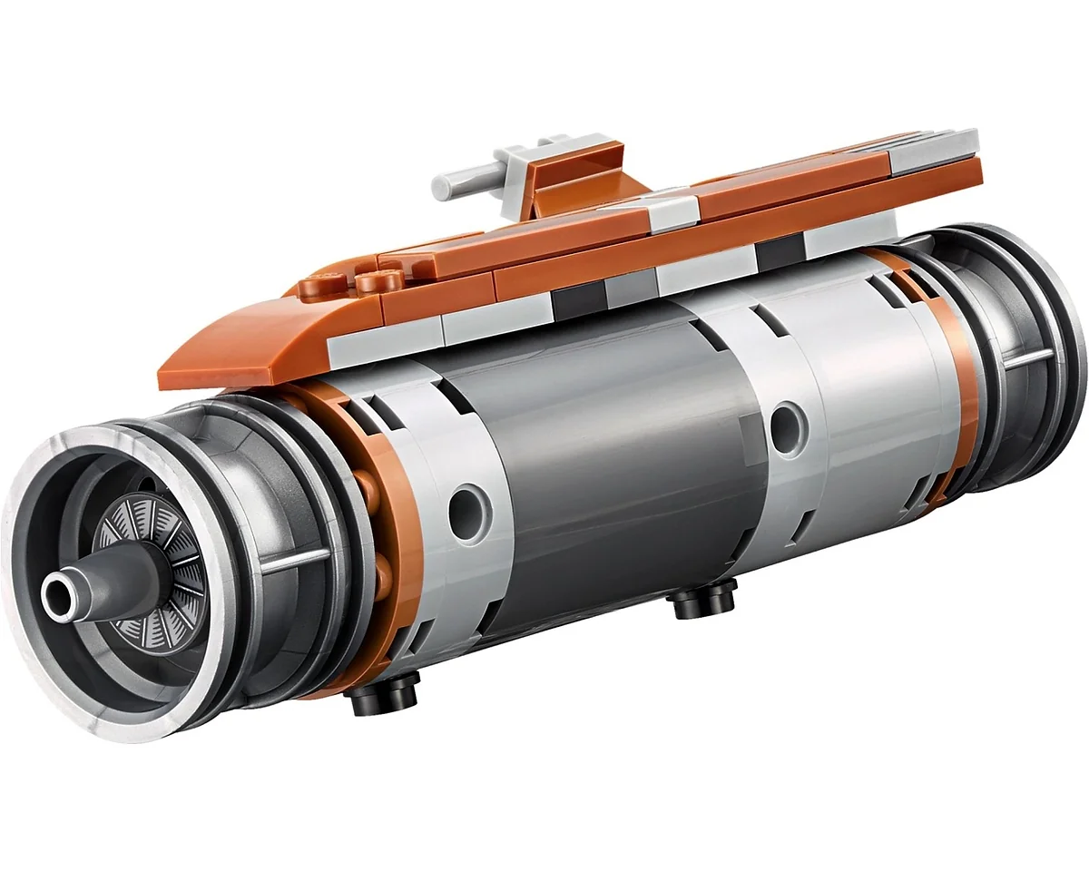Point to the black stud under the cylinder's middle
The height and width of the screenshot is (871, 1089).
click(x=704, y=601)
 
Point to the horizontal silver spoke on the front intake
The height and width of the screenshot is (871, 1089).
click(x=295, y=558)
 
